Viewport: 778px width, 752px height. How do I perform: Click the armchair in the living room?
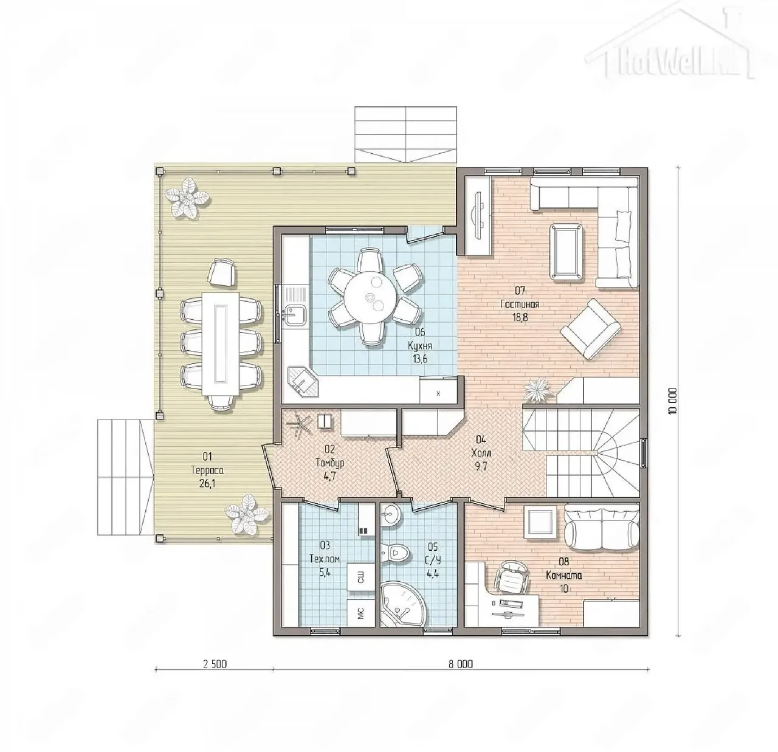pos(590,330)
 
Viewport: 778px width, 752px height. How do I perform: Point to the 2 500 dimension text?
pos(215,664)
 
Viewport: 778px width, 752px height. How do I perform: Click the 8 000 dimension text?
pos(460,664)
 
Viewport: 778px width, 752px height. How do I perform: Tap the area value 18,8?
pos(520,317)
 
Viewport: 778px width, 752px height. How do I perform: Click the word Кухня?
pos(420,345)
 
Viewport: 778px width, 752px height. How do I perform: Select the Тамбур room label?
pos(330,463)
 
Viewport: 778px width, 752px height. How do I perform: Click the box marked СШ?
pos(360,577)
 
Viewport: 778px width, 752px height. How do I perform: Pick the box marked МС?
pos(360,612)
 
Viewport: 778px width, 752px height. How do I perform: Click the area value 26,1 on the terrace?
pos(207,484)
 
